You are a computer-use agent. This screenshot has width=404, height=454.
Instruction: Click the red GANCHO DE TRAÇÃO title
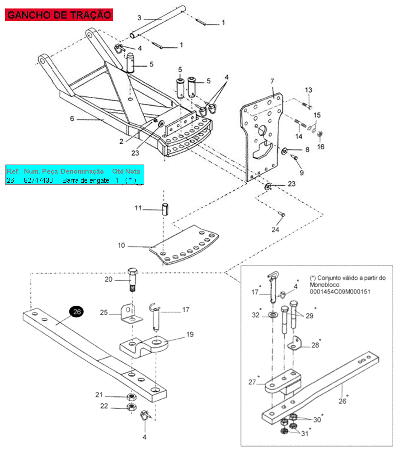coord(59,15)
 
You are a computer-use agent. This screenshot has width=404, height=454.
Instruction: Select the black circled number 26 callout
coord(77,312)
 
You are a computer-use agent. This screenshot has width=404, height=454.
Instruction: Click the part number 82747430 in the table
coord(38,180)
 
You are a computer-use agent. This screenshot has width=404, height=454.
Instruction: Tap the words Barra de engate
coord(86,180)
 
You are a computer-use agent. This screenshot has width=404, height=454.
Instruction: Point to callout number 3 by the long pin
coord(139,18)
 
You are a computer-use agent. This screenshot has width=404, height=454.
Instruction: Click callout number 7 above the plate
coord(272,81)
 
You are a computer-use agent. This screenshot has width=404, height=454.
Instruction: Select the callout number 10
coord(121,246)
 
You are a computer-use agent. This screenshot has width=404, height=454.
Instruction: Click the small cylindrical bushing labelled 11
coord(165,209)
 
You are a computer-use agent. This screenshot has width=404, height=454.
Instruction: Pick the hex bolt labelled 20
coord(132,280)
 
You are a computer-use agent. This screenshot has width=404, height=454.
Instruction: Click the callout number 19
coord(190,335)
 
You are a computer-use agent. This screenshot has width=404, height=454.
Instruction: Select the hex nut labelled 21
coord(132,397)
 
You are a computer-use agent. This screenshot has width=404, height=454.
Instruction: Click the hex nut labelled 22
coord(132,407)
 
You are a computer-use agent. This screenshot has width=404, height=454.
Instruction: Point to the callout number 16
coord(321,147)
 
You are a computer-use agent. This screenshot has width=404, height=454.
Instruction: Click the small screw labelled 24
coord(282,214)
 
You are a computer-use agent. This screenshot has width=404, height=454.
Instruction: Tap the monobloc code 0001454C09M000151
coord(340,292)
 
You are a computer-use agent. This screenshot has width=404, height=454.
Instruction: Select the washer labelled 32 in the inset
coord(272,314)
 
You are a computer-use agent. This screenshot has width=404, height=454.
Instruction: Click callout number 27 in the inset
coord(252,382)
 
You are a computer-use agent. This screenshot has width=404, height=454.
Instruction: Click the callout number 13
coord(309,90)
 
